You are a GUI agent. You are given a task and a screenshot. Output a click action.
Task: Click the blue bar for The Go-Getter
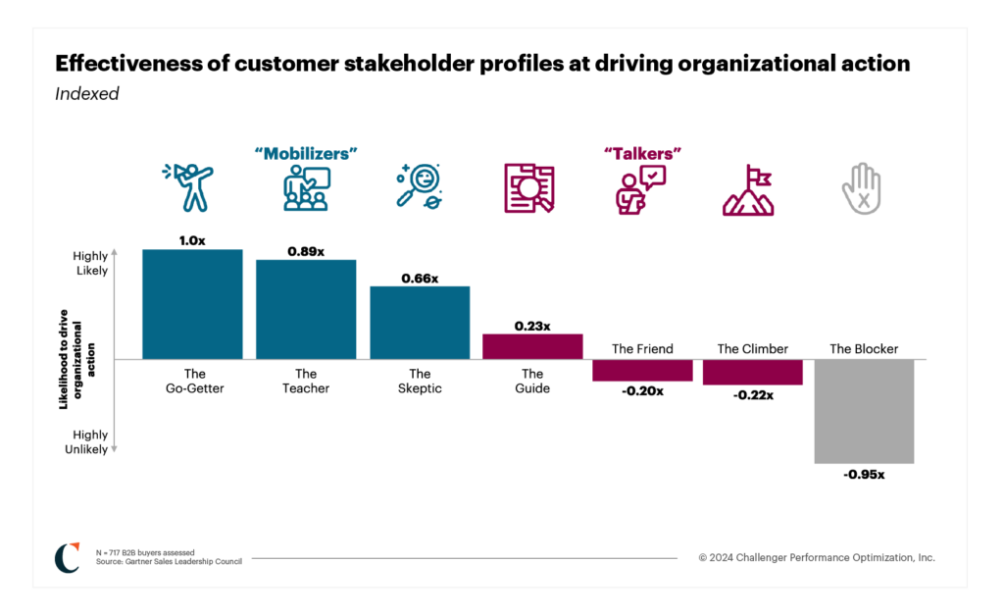[x=192, y=304]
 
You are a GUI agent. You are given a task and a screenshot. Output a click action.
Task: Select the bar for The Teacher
[x=306, y=309]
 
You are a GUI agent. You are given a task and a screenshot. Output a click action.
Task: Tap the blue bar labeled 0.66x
[x=420, y=323]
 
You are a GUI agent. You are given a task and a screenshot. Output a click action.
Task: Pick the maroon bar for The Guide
[x=532, y=346]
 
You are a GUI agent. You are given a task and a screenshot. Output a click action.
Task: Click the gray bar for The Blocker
[x=864, y=411]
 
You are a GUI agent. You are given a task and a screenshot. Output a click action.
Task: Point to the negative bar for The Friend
[x=642, y=370]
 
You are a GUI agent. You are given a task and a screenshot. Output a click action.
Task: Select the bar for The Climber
[x=753, y=372]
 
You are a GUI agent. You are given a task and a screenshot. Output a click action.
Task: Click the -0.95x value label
[x=864, y=475]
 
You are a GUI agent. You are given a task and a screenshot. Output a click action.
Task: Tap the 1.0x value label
[x=192, y=240]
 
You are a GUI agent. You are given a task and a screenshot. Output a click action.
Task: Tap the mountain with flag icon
[x=748, y=190]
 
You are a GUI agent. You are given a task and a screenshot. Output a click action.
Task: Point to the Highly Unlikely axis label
[x=90, y=441]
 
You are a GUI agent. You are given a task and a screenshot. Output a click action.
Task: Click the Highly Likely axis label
[x=90, y=263]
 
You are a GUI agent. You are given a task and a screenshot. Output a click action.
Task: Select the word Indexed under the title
[x=87, y=94]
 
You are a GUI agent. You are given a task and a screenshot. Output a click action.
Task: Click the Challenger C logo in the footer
[x=68, y=556]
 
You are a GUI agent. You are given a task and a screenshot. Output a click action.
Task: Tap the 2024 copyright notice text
[x=817, y=557]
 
